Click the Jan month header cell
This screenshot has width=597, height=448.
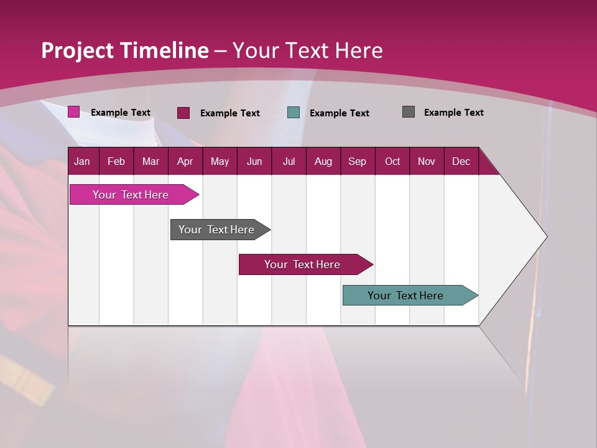[83, 161]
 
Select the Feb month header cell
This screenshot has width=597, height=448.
[116, 161]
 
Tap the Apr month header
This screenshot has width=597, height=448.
[185, 161]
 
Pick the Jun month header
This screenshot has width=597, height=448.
[254, 161]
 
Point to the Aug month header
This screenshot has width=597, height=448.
[323, 161]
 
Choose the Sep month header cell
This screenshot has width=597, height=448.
[358, 161]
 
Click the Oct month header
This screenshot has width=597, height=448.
[392, 161]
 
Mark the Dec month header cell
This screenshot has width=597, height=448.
[461, 161]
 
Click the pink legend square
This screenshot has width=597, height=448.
[73, 112]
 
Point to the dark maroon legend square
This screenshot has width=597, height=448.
[183, 113]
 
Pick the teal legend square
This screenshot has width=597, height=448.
[294, 113]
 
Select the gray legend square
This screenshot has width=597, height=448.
[409, 112]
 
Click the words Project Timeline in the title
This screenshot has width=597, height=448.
[125, 50]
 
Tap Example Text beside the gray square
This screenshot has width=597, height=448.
[453, 113]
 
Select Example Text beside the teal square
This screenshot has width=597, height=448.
[339, 113]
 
